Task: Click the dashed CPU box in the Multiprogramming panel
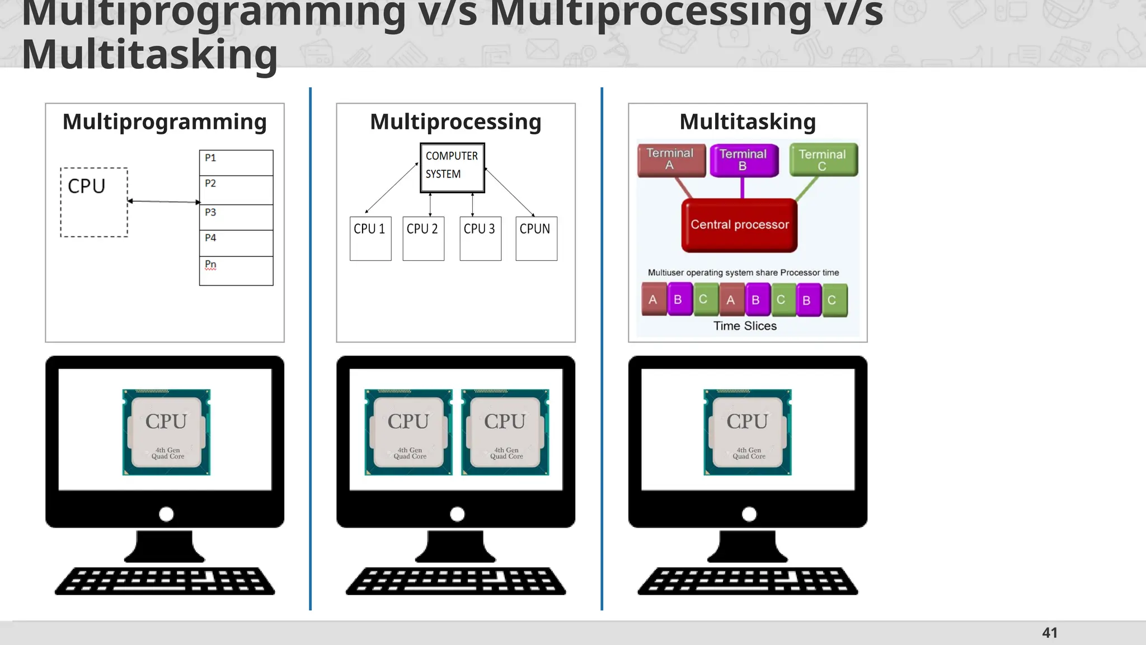click(94, 202)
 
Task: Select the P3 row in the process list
click(236, 217)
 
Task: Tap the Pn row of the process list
click(236, 270)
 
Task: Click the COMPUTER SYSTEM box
click(452, 167)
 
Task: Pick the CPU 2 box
click(423, 239)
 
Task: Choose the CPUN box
click(536, 239)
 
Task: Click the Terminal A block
click(671, 160)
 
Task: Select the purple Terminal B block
click(744, 160)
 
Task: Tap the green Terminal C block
click(823, 160)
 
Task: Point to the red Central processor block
click(739, 225)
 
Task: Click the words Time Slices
click(745, 326)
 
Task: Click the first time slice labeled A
click(653, 300)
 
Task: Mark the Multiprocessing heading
click(455, 121)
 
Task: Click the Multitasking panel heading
click(748, 121)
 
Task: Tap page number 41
click(1049, 633)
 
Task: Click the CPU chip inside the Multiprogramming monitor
click(166, 432)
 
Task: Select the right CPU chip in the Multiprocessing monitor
click(505, 432)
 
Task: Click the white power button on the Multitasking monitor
click(749, 514)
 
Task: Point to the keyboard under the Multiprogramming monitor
click(165, 581)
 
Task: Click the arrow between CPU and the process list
click(163, 201)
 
